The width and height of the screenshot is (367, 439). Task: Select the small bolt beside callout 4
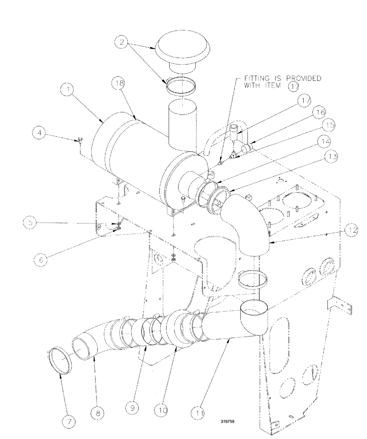(80, 140)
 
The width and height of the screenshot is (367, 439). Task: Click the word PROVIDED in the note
(302, 79)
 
